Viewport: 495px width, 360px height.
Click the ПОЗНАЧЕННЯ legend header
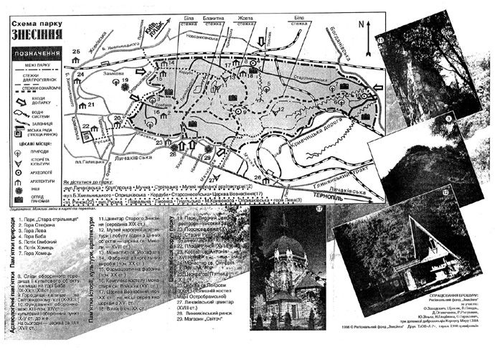pyautogui.click(x=34, y=55)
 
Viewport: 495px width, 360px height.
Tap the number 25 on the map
pyautogui.click(x=75, y=52)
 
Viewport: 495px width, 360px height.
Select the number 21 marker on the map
pyautogui.click(x=91, y=105)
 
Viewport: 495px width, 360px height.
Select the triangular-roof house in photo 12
pyautogui.click(x=436, y=237)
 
